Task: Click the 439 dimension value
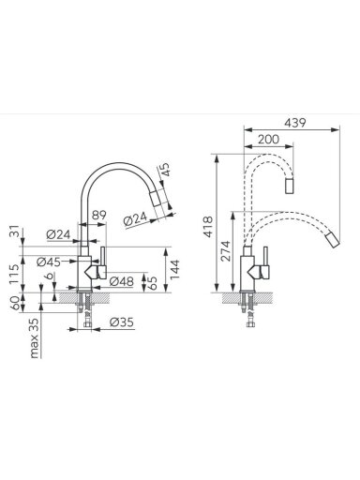295,123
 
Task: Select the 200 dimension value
268,139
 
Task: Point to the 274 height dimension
225,251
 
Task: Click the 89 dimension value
99,215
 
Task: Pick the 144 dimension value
174,269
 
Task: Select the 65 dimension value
152,282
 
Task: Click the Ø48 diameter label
122,281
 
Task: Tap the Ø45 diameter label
49,262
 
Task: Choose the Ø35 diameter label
122,322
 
